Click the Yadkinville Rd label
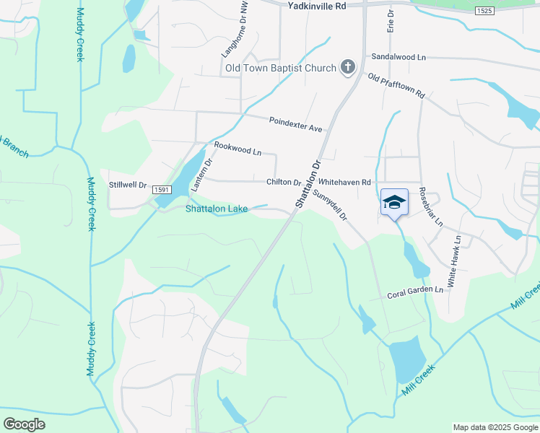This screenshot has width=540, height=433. point(317,5)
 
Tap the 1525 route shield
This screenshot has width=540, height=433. point(484,12)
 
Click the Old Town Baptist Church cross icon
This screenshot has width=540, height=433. point(348,69)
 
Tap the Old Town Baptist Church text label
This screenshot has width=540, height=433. point(279,69)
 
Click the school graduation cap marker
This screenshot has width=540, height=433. point(394,202)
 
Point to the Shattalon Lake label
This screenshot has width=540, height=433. point(217,209)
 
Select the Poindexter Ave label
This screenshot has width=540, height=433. point(295,124)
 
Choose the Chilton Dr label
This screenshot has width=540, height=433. point(284,183)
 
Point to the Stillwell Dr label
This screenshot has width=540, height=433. point(128,185)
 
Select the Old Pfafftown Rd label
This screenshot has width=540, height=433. point(396,86)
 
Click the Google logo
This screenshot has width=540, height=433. point(25,424)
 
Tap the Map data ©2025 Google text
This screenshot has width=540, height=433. point(495,427)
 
